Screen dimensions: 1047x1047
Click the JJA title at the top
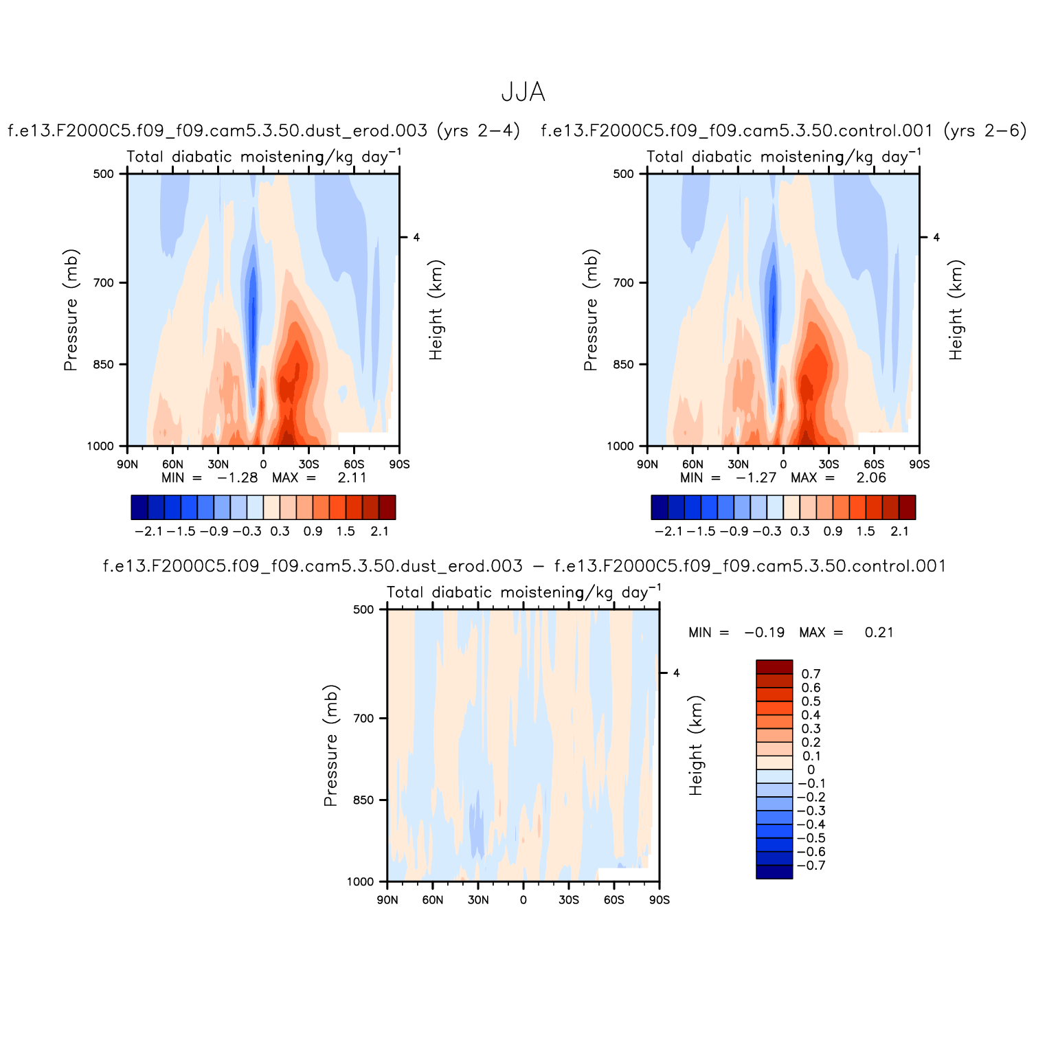pos(523,92)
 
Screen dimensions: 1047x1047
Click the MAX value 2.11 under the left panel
pos(352,477)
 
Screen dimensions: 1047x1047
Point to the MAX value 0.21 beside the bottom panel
pos(879,632)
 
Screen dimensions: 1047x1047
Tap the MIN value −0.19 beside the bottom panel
pos(764,632)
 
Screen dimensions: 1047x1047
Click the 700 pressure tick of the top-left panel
pos(103,282)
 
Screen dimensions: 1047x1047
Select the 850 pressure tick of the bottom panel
pos(363,800)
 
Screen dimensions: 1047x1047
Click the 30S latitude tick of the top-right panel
pos(829,464)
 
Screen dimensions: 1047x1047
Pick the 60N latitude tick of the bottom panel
pos(432,900)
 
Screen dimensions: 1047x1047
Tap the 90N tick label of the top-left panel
pos(127,464)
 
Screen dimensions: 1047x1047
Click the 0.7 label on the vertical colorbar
pos(811,674)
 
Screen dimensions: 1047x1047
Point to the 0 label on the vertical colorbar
pos(811,769)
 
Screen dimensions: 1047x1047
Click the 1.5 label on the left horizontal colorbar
pos(346,531)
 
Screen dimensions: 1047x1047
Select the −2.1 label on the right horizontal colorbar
pos(668,531)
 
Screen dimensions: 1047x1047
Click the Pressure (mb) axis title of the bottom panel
pos(330,745)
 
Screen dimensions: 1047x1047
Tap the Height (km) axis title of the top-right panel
pos(956,310)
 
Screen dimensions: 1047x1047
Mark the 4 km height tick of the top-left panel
pos(416,237)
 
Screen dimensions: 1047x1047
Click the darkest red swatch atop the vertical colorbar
pos(774,667)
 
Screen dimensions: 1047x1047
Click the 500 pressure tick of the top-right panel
pos(623,174)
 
